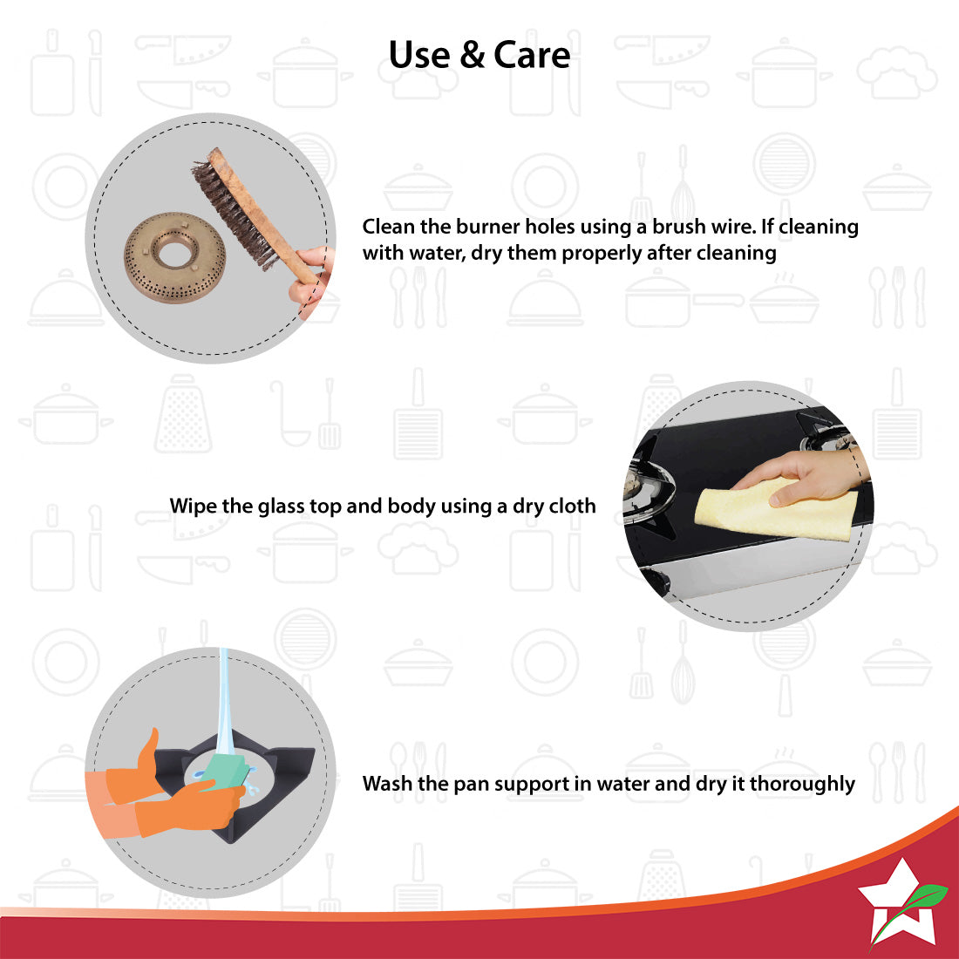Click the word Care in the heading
(532, 55)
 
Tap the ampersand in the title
(472, 55)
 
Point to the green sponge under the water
(224, 772)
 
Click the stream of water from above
(224, 704)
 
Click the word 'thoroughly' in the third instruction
(802, 784)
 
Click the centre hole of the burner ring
(175, 252)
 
